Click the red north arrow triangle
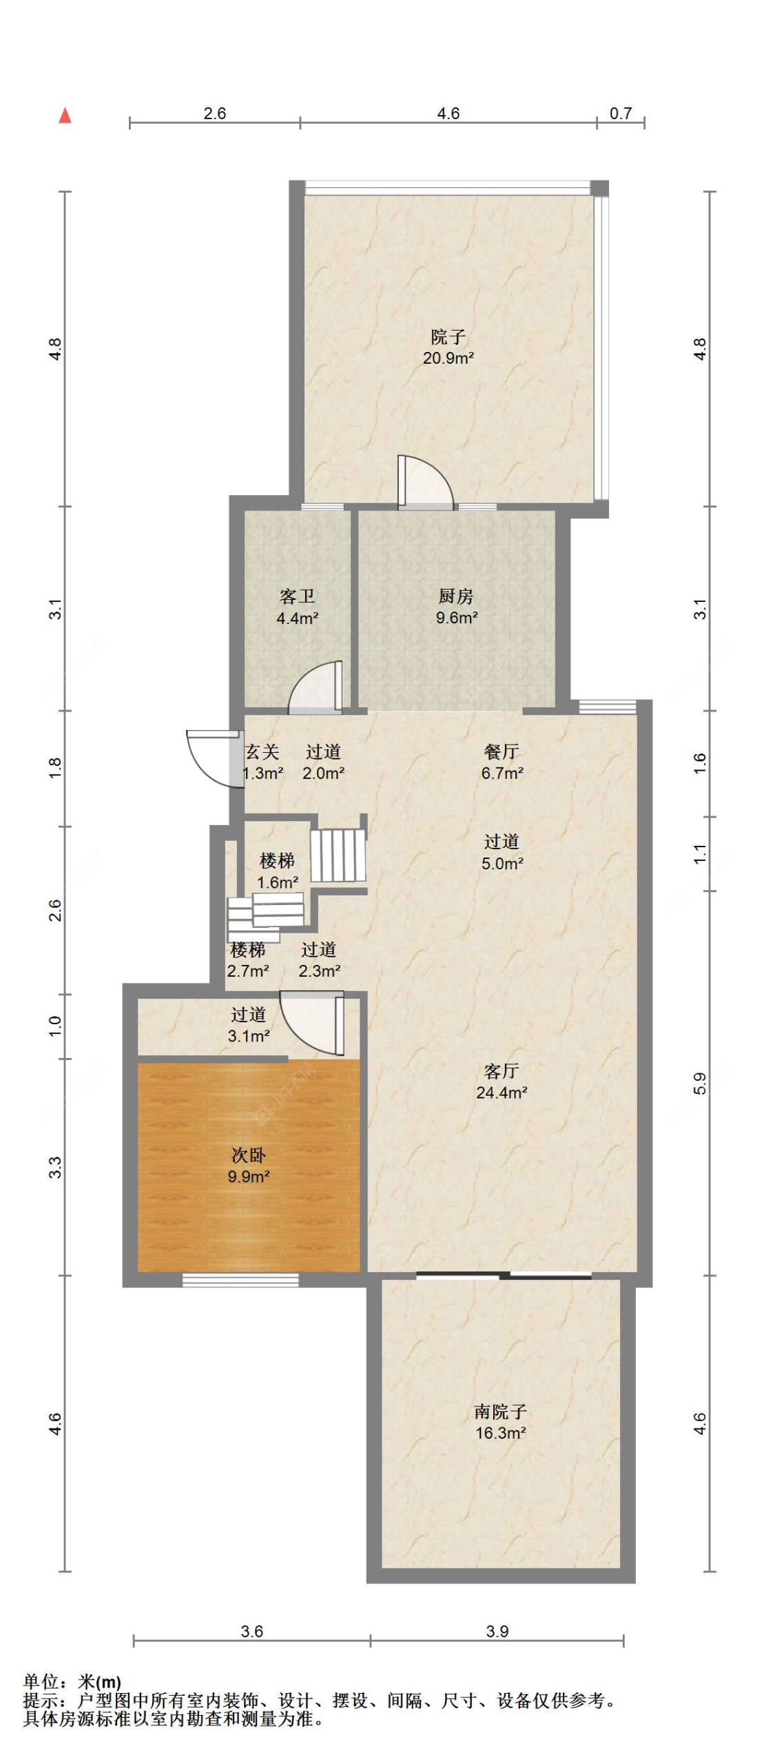[65, 115]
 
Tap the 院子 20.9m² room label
[448, 346]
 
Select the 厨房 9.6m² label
[456, 606]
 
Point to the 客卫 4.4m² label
[297, 607]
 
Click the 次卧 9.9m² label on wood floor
[248, 1165]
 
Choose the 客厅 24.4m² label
[502, 1081]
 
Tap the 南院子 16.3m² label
[501, 1422]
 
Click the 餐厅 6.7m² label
[502, 762]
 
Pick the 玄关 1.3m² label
[262, 762]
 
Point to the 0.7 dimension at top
[620, 113]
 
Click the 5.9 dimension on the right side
[699, 1083]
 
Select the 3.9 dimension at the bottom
[497, 1631]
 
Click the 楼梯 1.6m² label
[277, 871]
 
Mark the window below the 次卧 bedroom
[240, 1279]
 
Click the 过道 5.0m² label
[502, 852]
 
